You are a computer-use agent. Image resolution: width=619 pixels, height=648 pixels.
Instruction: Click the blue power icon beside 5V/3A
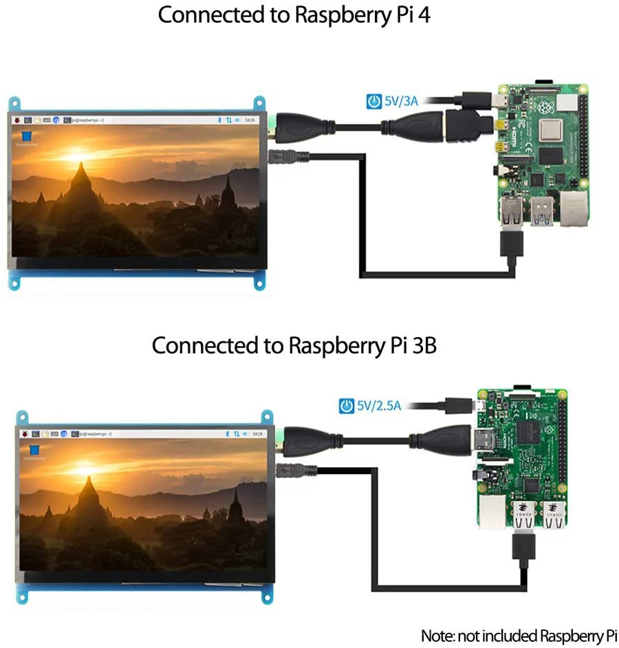tap(373, 102)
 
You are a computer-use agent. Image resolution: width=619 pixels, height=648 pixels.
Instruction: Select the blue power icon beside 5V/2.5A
tap(346, 406)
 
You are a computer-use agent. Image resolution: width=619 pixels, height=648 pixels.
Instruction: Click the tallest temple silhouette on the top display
tap(80, 182)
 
